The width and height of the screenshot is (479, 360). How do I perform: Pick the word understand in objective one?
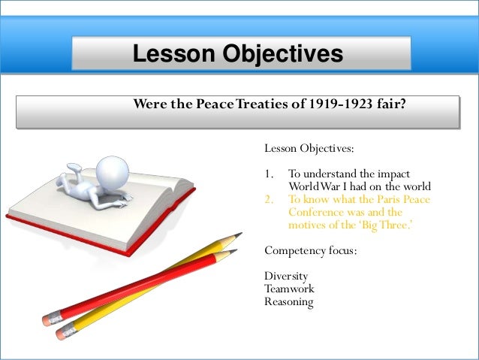[x=330, y=174]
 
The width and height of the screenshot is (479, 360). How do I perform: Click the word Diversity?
[x=286, y=276]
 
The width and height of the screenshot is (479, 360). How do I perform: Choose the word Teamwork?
[x=289, y=289]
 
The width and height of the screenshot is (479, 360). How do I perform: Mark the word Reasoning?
[x=288, y=301]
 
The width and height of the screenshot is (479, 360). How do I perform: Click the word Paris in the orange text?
[x=389, y=199]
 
